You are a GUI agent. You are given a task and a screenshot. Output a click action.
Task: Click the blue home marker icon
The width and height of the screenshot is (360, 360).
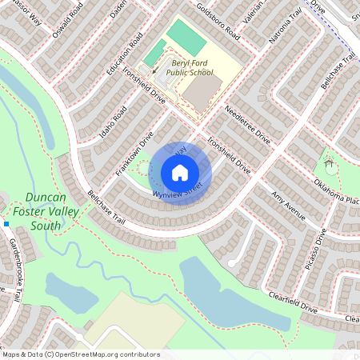[180, 173]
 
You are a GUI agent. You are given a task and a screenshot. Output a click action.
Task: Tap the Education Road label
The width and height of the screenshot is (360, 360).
[125, 54]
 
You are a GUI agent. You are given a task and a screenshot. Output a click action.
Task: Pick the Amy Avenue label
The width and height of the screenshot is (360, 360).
[289, 206]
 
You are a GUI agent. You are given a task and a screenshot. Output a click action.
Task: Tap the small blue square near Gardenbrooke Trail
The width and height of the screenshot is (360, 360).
[6, 224]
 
